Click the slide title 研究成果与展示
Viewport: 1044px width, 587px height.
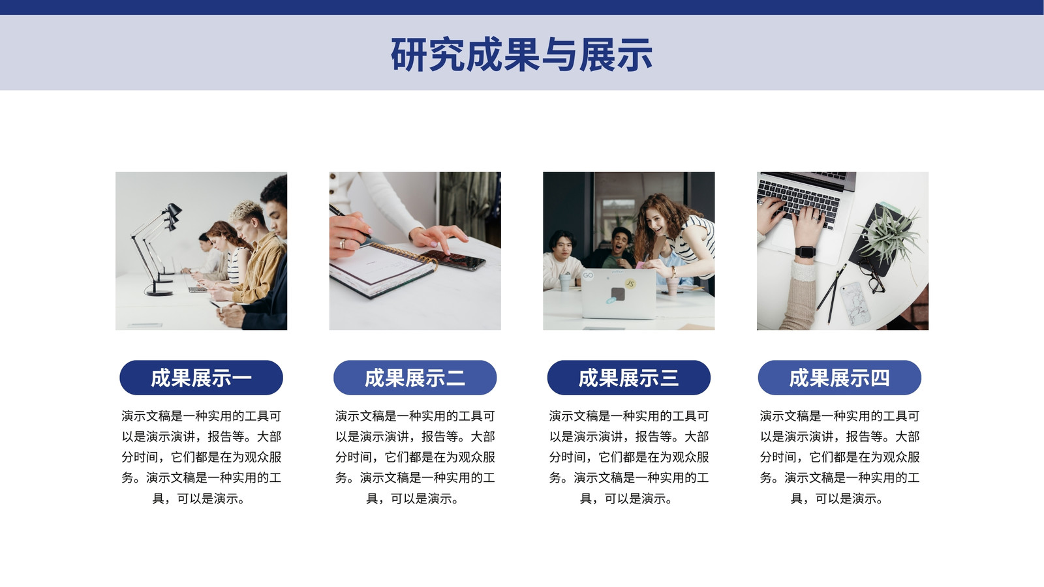coord(521,55)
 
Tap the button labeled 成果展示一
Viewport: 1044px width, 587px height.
coord(202,378)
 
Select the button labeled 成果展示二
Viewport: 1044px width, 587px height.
coord(415,378)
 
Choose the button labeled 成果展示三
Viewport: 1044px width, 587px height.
coord(629,378)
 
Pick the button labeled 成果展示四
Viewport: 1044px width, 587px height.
coord(839,378)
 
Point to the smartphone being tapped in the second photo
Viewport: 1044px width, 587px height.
coord(453,260)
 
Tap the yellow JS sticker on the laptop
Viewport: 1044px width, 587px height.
coord(630,283)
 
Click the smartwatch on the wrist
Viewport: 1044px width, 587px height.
coord(805,252)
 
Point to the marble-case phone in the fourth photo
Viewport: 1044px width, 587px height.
coord(855,303)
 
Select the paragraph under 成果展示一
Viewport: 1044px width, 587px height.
coord(202,457)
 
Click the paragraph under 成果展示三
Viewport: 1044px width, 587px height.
coord(629,457)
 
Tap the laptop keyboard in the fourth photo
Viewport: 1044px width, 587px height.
coord(799,200)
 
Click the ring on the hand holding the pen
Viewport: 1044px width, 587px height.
coord(342,244)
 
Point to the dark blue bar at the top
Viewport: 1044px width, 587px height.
coord(522,7)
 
